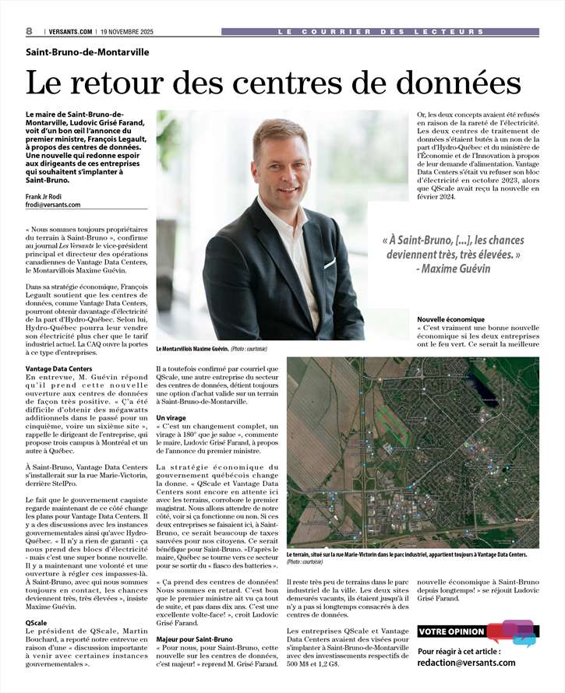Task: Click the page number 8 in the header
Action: [x=29, y=30]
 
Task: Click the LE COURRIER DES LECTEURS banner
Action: [x=380, y=32]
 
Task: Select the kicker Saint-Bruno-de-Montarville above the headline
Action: [x=87, y=53]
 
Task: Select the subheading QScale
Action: [x=37, y=624]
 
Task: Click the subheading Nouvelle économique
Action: [x=451, y=319]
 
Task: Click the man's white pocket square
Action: [x=330, y=263]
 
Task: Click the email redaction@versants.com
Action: [x=467, y=663]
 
